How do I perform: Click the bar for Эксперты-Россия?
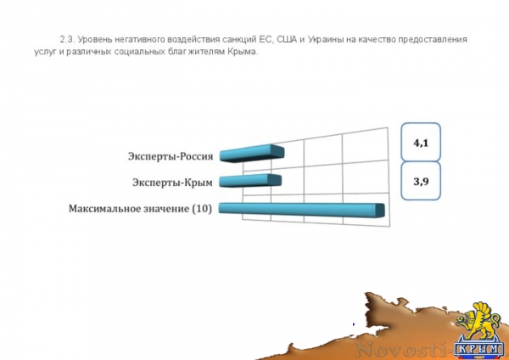coord(251,154)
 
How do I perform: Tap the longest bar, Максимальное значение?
coord(301,210)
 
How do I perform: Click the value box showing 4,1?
coord(421,144)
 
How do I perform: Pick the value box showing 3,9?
coord(421,182)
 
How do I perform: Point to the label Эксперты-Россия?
coord(171,155)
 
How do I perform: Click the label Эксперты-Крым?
coord(173,182)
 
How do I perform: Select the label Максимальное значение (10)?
coord(141,209)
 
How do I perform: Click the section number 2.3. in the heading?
coord(67,40)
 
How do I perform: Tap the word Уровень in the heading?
coord(100,40)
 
